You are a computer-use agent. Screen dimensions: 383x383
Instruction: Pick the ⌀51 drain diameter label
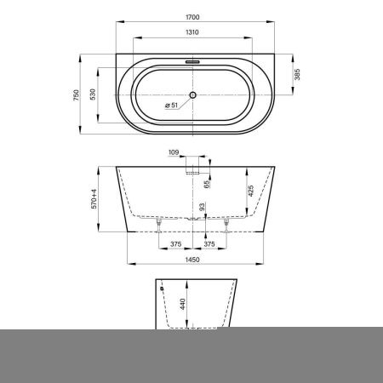(x=170, y=106)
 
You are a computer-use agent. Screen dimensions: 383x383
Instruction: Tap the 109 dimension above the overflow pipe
(x=174, y=153)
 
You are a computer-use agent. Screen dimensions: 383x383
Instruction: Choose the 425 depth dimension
(x=251, y=191)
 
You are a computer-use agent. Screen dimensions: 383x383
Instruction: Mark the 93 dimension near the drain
(x=202, y=207)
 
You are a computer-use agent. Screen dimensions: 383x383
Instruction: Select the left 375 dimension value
(x=174, y=243)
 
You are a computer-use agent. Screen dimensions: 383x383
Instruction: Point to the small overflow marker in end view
(x=160, y=288)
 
